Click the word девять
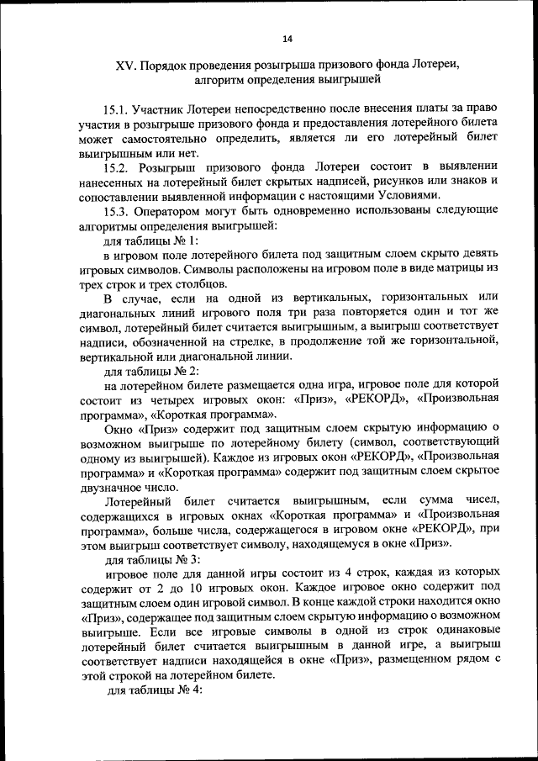[481, 254]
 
